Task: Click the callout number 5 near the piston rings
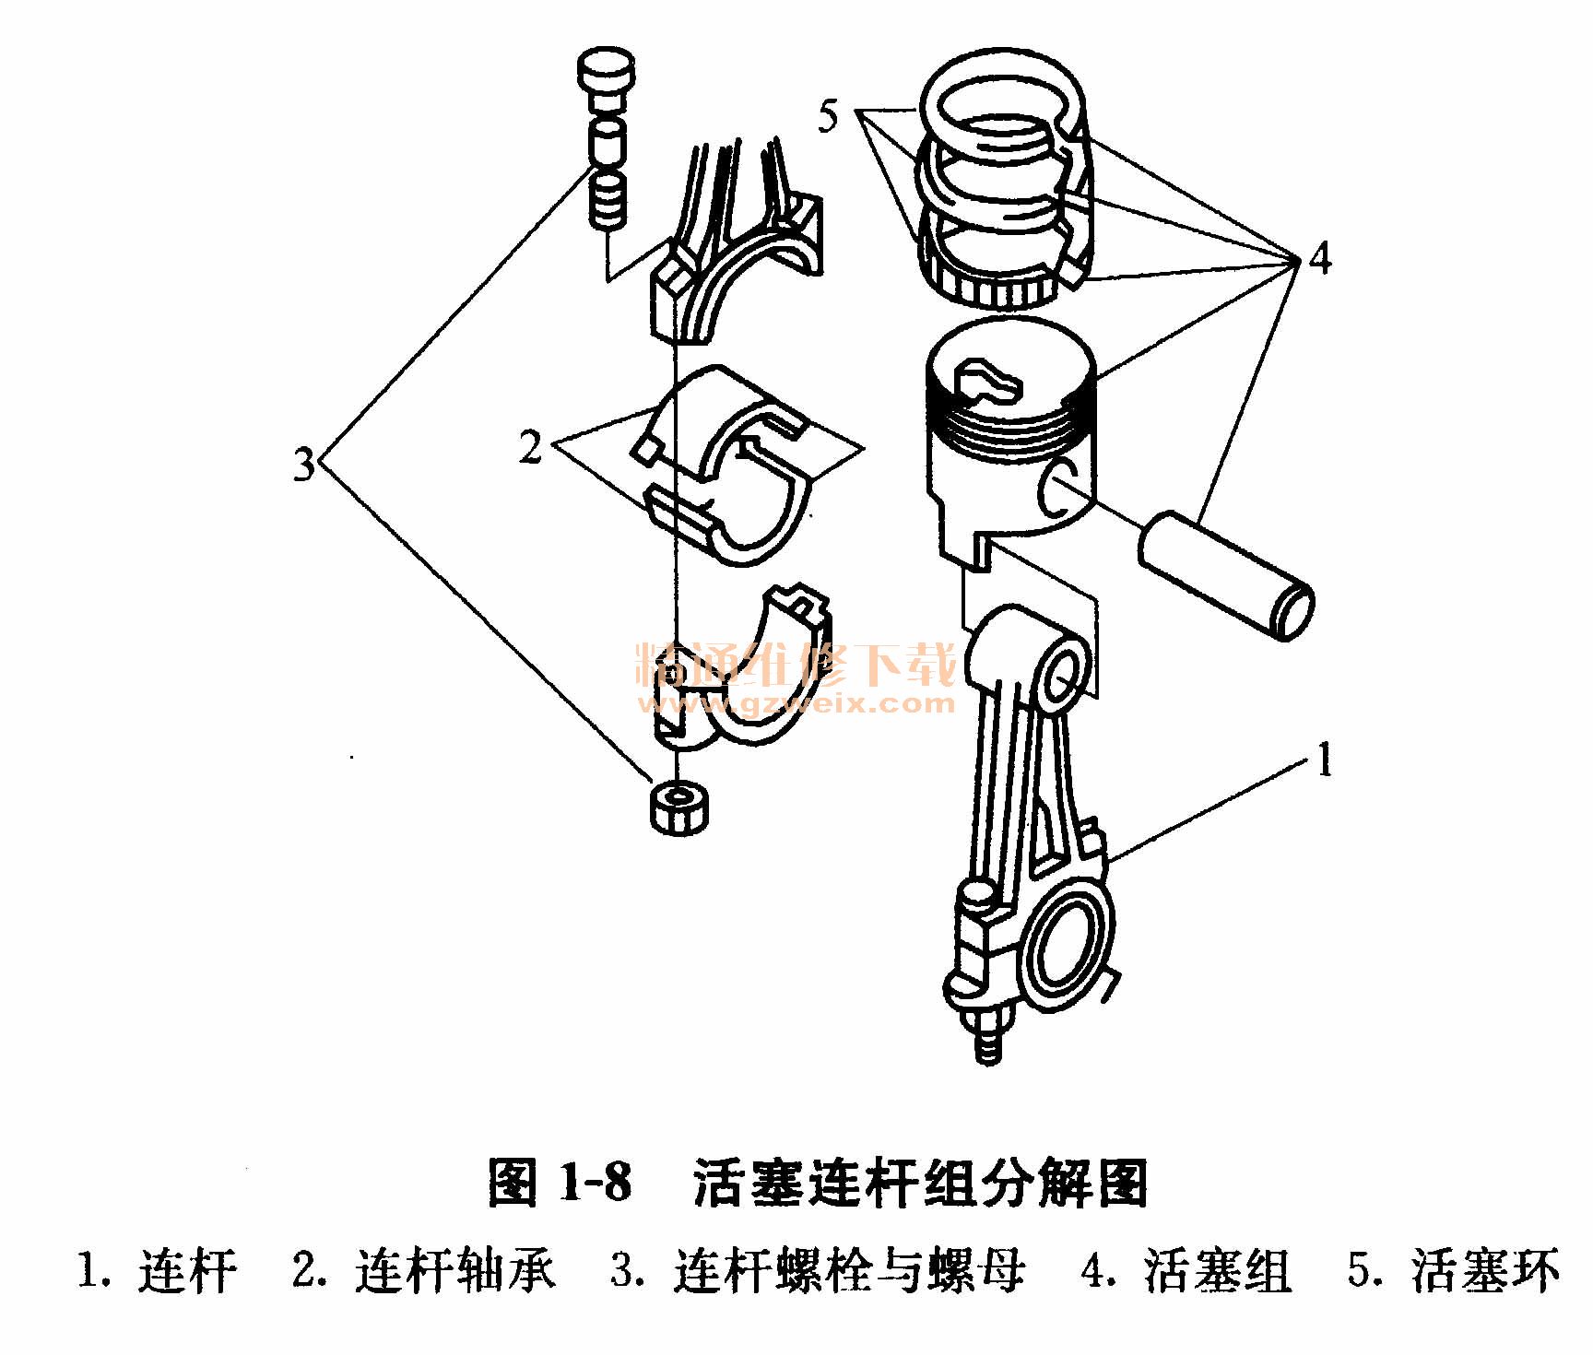pos(829,118)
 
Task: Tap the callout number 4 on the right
pos(1319,260)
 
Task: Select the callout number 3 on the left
pos(304,465)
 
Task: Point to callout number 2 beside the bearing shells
pos(530,447)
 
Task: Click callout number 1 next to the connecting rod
pos(1325,762)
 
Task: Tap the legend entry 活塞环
pos(1484,1271)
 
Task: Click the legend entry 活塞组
pos(1217,1271)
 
